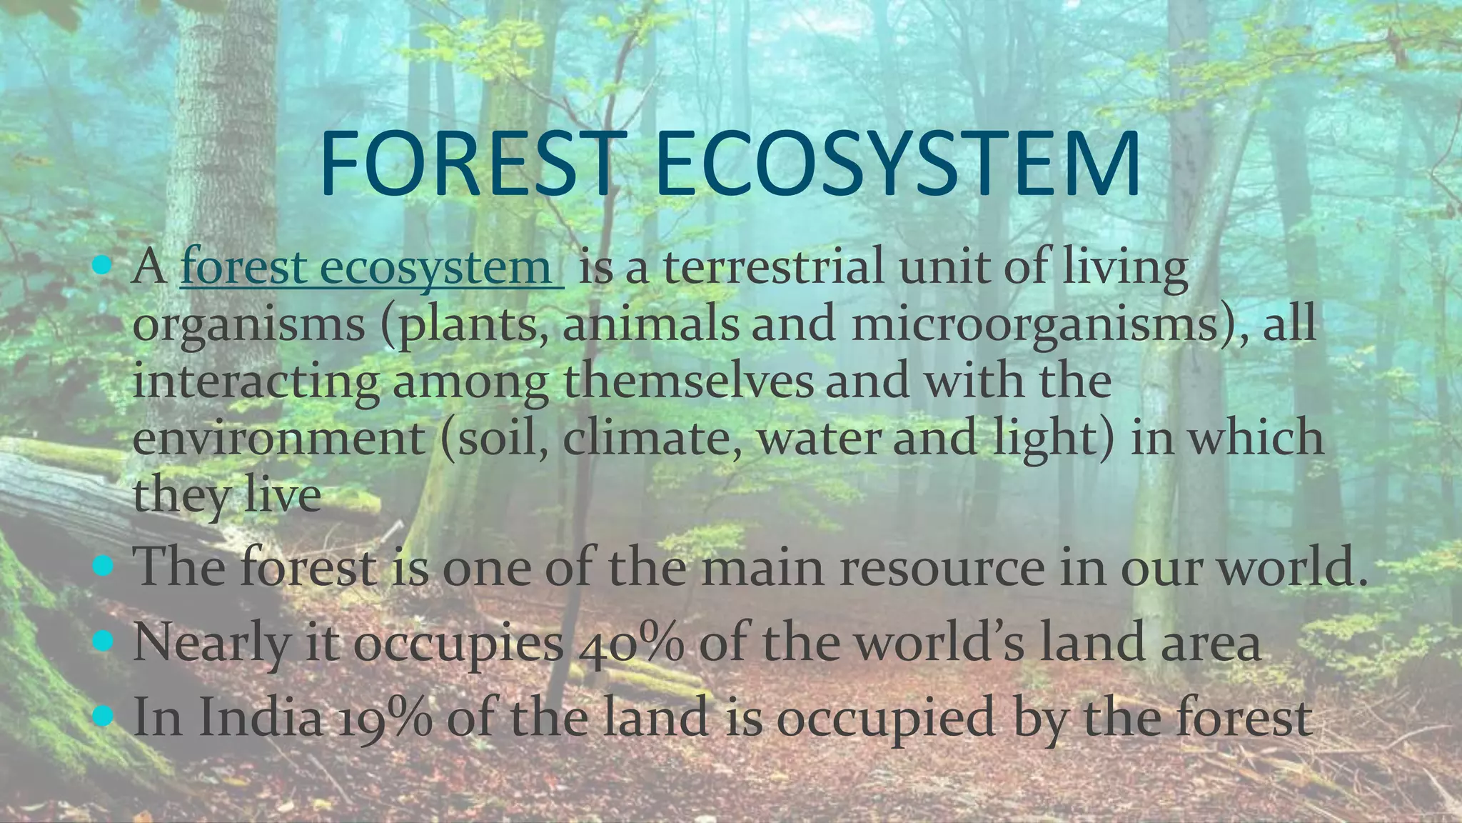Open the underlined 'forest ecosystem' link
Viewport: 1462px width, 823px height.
coord(371,266)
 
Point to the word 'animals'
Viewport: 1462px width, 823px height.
coord(650,323)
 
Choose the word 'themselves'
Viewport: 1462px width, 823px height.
coord(688,380)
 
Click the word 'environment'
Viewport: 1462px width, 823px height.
coord(278,437)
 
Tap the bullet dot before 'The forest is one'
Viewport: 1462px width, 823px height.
coord(104,567)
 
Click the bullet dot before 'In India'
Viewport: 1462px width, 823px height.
coord(104,715)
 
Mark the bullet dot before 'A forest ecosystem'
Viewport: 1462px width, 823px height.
coord(104,266)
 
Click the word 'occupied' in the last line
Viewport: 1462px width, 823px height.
coord(885,717)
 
